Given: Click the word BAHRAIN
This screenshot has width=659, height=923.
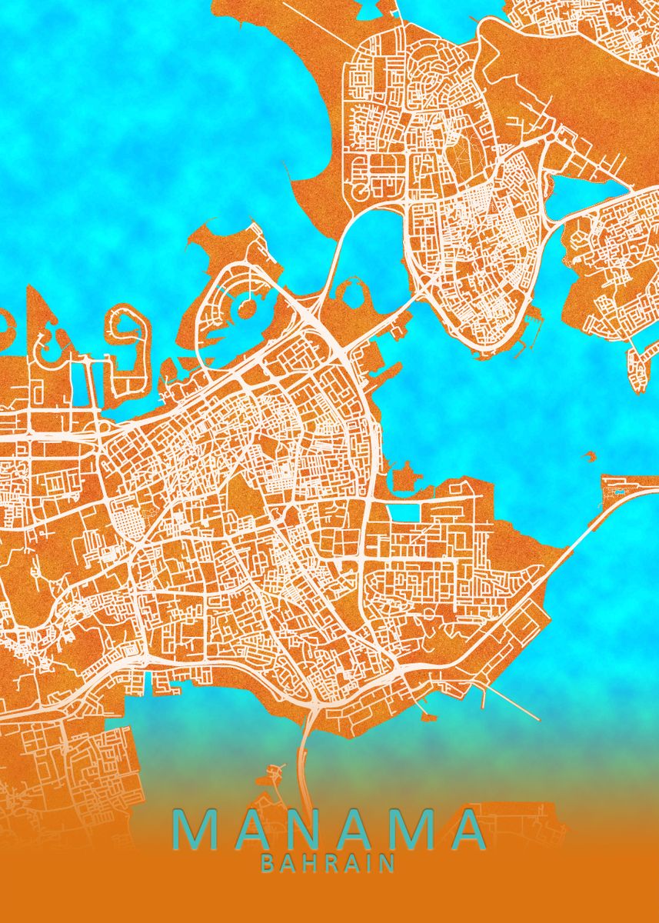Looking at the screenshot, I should tap(328, 863).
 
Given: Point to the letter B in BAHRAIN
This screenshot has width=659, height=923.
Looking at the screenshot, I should tap(268, 863).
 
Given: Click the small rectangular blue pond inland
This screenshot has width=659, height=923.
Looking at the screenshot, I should tap(401, 512).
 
